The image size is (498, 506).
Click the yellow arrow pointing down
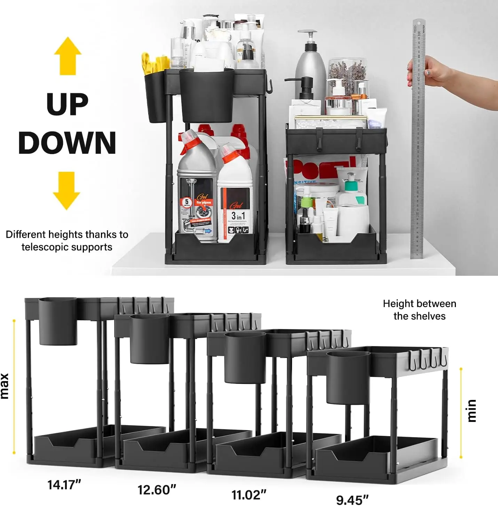[x=66, y=190]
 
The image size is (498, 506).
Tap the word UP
[x=68, y=104]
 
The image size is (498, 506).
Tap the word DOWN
[x=67, y=143]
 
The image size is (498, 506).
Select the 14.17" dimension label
[x=64, y=484]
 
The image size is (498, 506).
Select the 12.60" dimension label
[x=157, y=490]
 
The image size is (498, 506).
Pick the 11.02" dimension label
[x=249, y=495]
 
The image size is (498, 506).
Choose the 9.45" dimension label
[x=352, y=500]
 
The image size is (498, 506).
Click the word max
[x=5, y=386]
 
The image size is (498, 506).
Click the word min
[x=472, y=411]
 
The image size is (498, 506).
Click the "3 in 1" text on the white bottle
[x=238, y=216]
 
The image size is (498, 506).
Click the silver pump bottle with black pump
[x=310, y=66]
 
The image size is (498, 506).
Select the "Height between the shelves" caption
[x=419, y=310]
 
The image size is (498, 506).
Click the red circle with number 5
[x=187, y=202]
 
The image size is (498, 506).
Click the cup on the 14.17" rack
[x=58, y=321]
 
